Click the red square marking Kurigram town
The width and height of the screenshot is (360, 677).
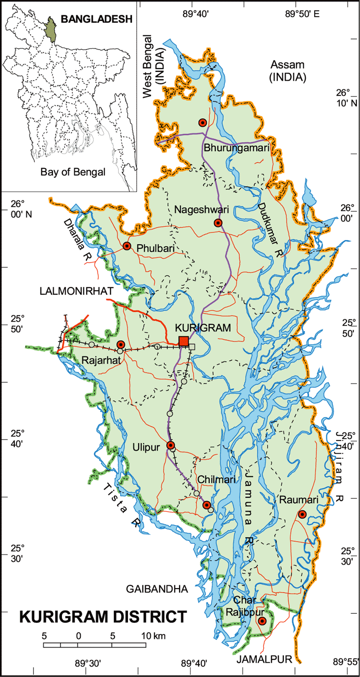[x=183, y=341]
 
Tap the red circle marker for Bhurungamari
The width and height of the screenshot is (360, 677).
[x=202, y=122]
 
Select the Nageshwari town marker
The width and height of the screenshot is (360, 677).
[x=218, y=223]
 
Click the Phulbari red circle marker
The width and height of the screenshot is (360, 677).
[x=127, y=246]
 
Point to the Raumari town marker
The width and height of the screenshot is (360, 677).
[x=302, y=514]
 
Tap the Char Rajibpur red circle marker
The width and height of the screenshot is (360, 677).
[x=262, y=621]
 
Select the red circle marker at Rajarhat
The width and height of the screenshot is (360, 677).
[x=121, y=344]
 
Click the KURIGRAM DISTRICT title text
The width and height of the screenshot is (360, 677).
[x=103, y=616]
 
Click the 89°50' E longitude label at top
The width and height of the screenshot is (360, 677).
[x=302, y=14]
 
